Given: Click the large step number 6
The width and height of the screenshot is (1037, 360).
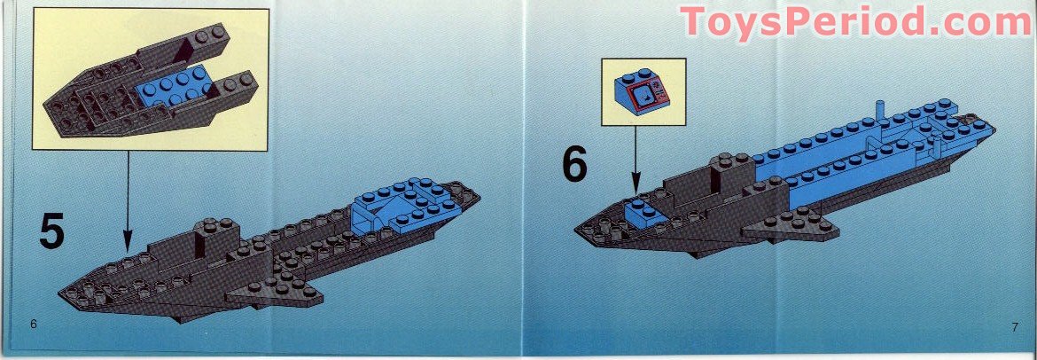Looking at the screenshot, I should coord(574,165).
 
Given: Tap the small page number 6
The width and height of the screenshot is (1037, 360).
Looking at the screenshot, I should coord(33,324).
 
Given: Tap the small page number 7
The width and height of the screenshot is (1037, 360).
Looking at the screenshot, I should coord(1014,327).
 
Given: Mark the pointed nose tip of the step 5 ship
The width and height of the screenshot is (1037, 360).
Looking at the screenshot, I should coord(64,293).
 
